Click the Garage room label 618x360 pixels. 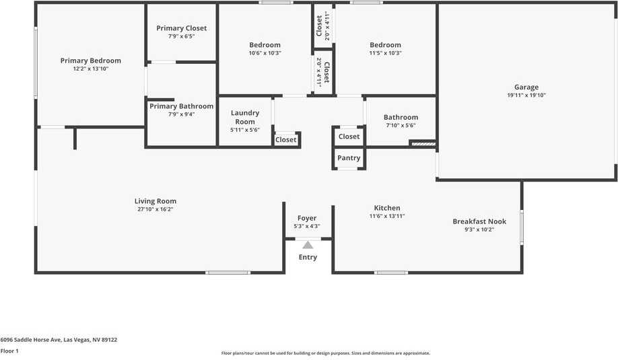526,87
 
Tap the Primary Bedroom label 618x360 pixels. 91,61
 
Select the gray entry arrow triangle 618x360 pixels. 308,245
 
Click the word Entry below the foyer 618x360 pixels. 308,257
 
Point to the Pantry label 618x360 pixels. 349,158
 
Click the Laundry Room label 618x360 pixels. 245,117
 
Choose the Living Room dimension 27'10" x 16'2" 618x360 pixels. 156,209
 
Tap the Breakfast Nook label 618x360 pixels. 479,221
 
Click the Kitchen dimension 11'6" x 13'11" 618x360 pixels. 387,216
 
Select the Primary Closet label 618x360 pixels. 182,28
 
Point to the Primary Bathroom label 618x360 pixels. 181,106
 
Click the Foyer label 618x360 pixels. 307,218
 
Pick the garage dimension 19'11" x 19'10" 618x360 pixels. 526,95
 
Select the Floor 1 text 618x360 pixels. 9,351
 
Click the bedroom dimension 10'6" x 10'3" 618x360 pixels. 265,53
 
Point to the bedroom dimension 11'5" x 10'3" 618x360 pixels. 385,53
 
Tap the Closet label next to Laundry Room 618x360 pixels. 285,140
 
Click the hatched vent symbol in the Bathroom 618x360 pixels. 423,143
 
